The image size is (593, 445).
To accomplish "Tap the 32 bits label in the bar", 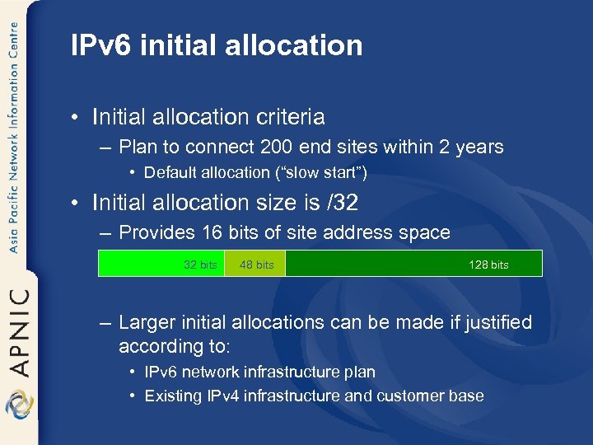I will (200, 265).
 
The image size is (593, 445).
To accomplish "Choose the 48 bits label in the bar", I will (256, 265).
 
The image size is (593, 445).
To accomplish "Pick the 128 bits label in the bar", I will (488, 265).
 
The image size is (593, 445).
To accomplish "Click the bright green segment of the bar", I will (148, 263).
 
